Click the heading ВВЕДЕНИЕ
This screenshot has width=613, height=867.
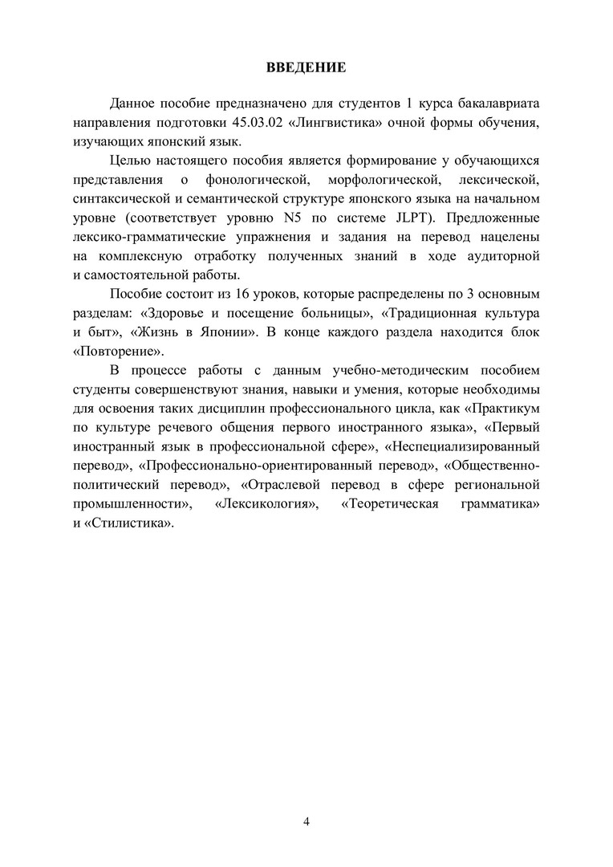tap(306, 67)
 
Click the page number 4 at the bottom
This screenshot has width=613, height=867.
tap(306, 820)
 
